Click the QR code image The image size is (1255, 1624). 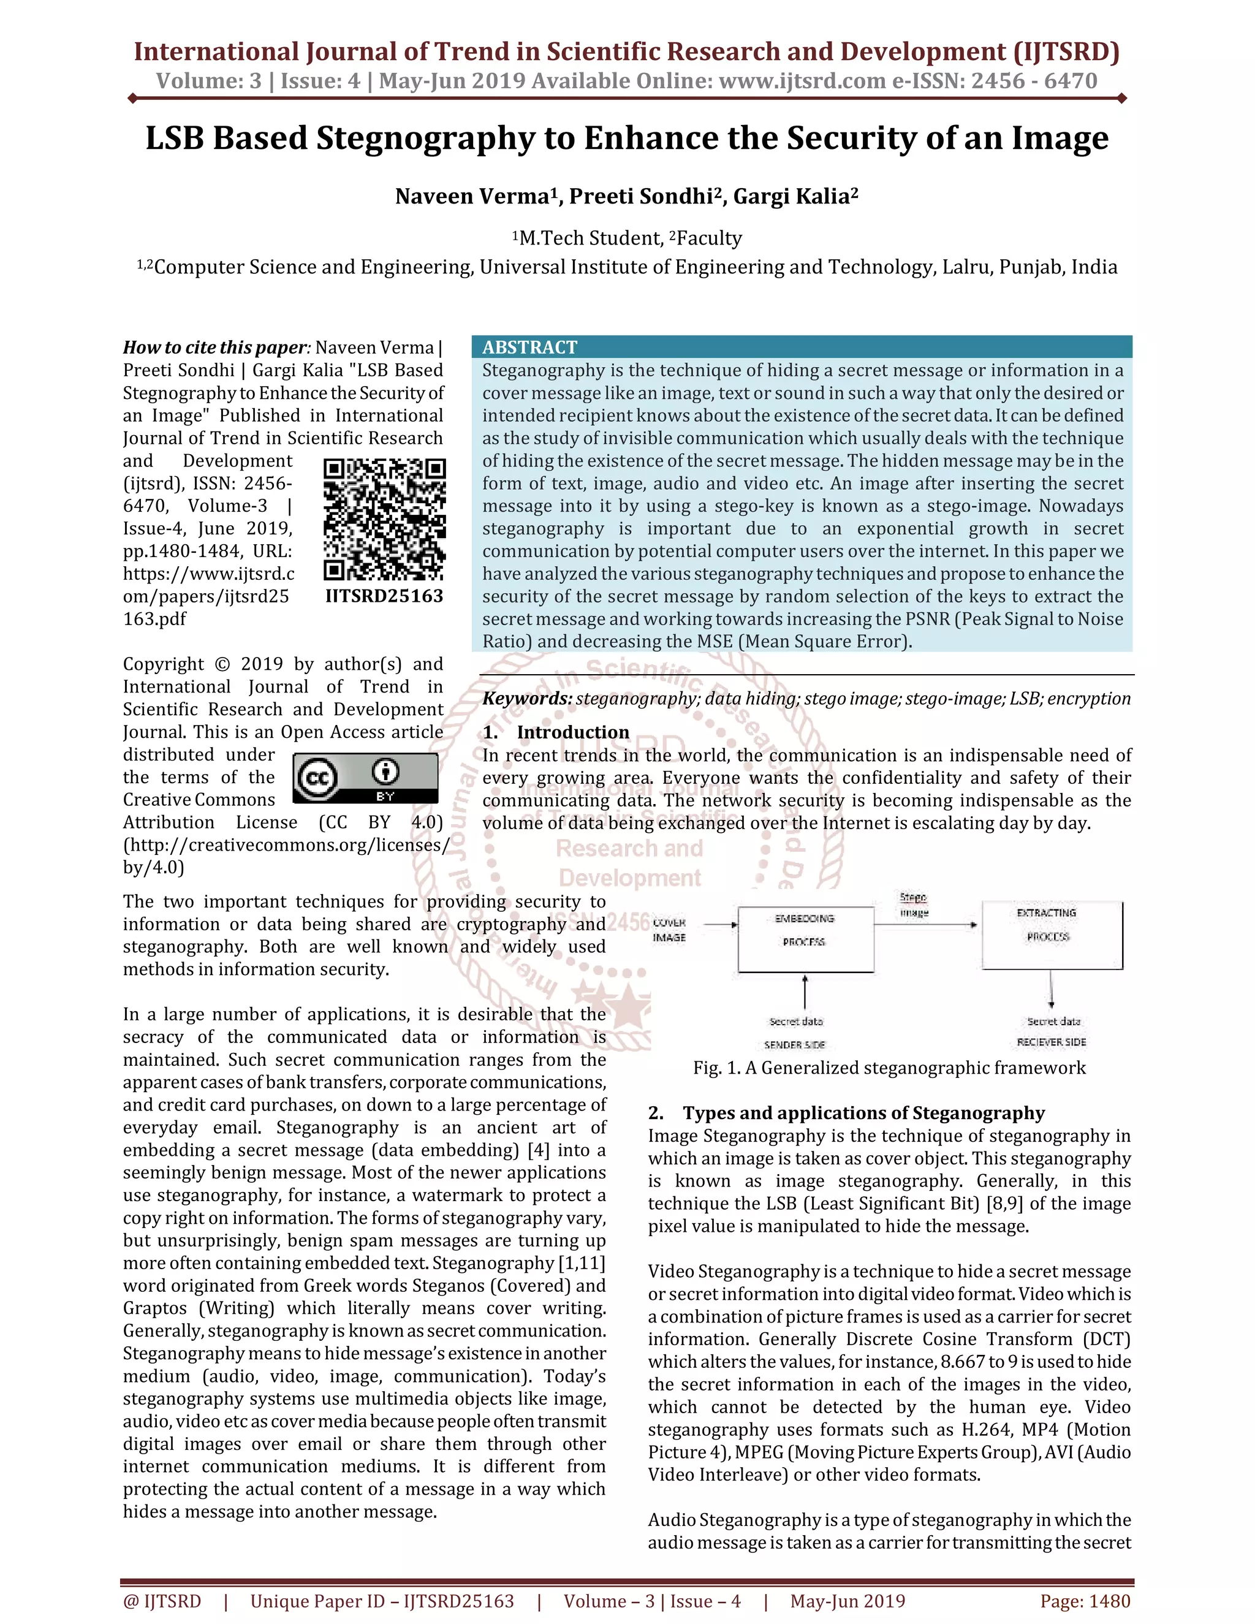[384, 519]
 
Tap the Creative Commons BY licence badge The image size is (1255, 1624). [365, 778]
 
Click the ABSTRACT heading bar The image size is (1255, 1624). [802, 346]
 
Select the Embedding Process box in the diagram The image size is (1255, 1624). [805, 938]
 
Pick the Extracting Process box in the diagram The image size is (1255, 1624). [1052, 934]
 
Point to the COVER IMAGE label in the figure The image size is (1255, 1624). [669, 930]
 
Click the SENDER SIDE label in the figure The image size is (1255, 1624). [794, 1044]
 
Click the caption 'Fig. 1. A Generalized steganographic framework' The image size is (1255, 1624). [889, 1068]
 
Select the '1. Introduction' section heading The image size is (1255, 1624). [556, 732]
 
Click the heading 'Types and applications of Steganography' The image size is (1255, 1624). [863, 1112]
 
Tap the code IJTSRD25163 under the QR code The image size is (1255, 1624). [384, 596]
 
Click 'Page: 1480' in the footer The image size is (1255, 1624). [1085, 1601]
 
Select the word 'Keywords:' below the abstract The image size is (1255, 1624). [527, 698]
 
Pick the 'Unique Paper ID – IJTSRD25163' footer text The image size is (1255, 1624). [382, 1601]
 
